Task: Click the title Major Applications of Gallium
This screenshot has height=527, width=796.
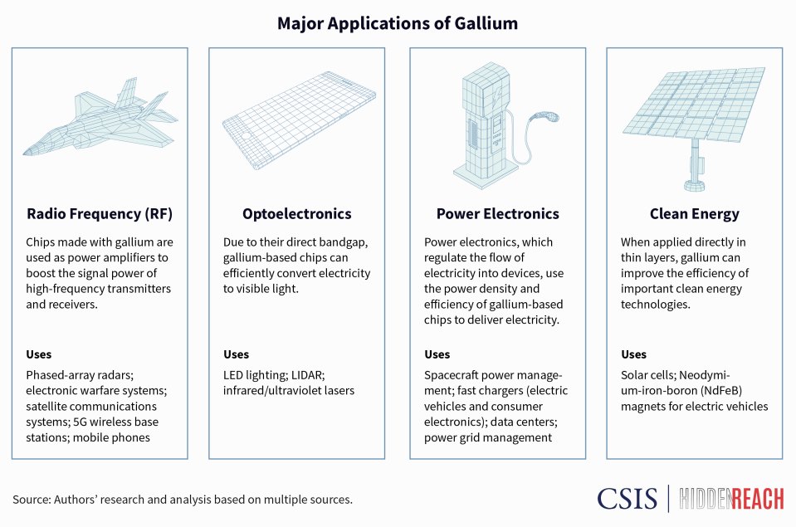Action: click(x=398, y=23)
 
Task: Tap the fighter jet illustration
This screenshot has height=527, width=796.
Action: click(x=100, y=115)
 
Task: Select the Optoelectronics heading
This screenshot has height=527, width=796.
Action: click(x=296, y=214)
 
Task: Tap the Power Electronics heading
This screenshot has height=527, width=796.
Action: click(x=497, y=214)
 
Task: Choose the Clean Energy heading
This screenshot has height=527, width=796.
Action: click(x=693, y=214)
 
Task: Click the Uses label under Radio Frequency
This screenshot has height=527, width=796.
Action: click(x=39, y=355)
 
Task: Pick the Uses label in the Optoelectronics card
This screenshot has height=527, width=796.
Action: click(x=237, y=355)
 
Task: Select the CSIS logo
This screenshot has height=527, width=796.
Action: click(x=627, y=498)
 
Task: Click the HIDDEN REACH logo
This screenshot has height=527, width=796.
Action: click(x=731, y=498)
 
